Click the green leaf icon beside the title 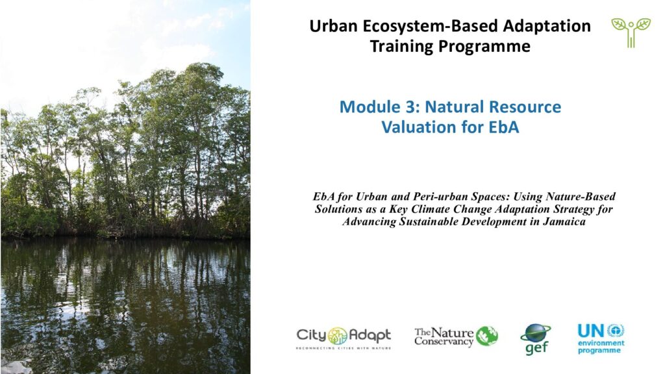[x=631, y=32]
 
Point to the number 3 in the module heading [x=410, y=107]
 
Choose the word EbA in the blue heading [x=504, y=127]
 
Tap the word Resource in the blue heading [x=525, y=107]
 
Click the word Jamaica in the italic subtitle [x=564, y=222]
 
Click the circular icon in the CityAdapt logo [x=338, y=336]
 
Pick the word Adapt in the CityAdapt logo [x=370, y=336]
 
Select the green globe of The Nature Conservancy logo [x=486, y=336]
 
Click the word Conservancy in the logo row [x=444, y=341]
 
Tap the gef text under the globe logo [x=536, y=348]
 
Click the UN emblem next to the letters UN [x=616, y=330]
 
